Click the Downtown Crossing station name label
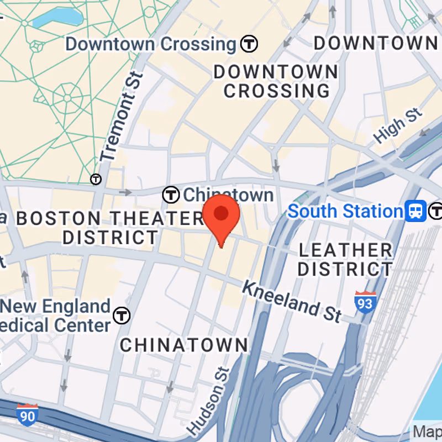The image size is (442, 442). pos(150,44)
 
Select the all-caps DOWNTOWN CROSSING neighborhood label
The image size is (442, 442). pos(276,81)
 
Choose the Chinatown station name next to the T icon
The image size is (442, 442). pos(228,194)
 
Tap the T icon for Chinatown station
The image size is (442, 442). pos(171,194)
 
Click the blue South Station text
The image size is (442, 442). pos(345,211)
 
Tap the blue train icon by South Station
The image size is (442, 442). pos(415,211)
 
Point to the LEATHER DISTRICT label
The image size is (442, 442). pos(345,259)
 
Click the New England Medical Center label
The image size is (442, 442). pos(55,315)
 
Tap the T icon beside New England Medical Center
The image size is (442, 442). pos(122,315)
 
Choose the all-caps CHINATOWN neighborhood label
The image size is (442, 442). pos(184,345)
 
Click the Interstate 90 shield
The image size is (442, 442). pos(27,414)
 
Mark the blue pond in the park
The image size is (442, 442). pos(55,18)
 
